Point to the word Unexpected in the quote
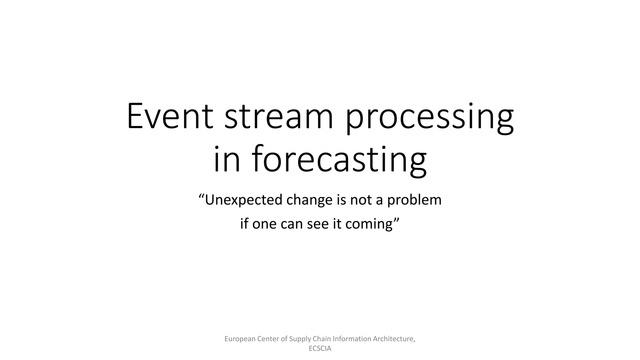(x=244, y=200)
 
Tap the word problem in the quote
(x=414, y=200)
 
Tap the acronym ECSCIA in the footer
(x=320, y=349)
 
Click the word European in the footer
(x=240, y=339)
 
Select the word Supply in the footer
(x=300, y=339)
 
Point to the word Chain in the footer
(x=322, y=339)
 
